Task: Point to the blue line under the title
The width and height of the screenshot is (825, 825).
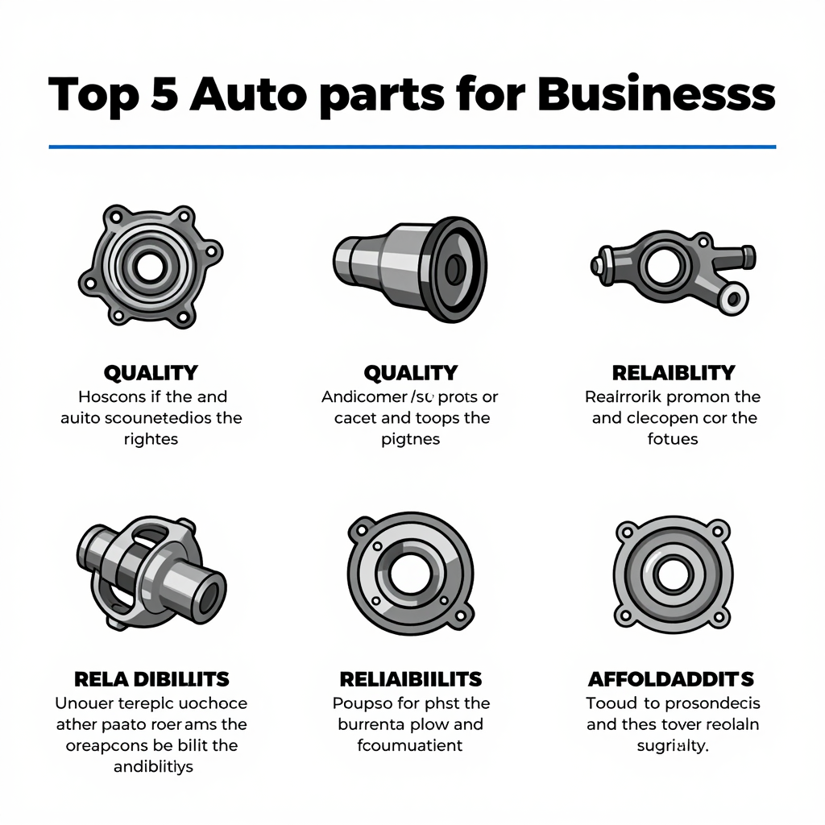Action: pos(412,147)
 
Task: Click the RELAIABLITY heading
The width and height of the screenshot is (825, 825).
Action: pos(673,373)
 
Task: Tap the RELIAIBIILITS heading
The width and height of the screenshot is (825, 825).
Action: pos(410,678)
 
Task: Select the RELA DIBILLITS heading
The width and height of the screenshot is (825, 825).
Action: pos(151,678)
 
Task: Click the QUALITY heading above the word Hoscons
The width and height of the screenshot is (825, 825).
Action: pos(151,373)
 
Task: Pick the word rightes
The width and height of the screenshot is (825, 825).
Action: pos(151,440)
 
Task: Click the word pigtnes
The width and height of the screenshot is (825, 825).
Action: pos(410,440)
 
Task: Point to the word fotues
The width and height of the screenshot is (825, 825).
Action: pos(673,440)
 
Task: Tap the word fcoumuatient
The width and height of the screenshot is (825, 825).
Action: pos(410,745)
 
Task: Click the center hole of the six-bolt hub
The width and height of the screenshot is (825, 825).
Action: pos(149,266)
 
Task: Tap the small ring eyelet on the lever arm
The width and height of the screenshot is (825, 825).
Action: pos(732,301)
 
